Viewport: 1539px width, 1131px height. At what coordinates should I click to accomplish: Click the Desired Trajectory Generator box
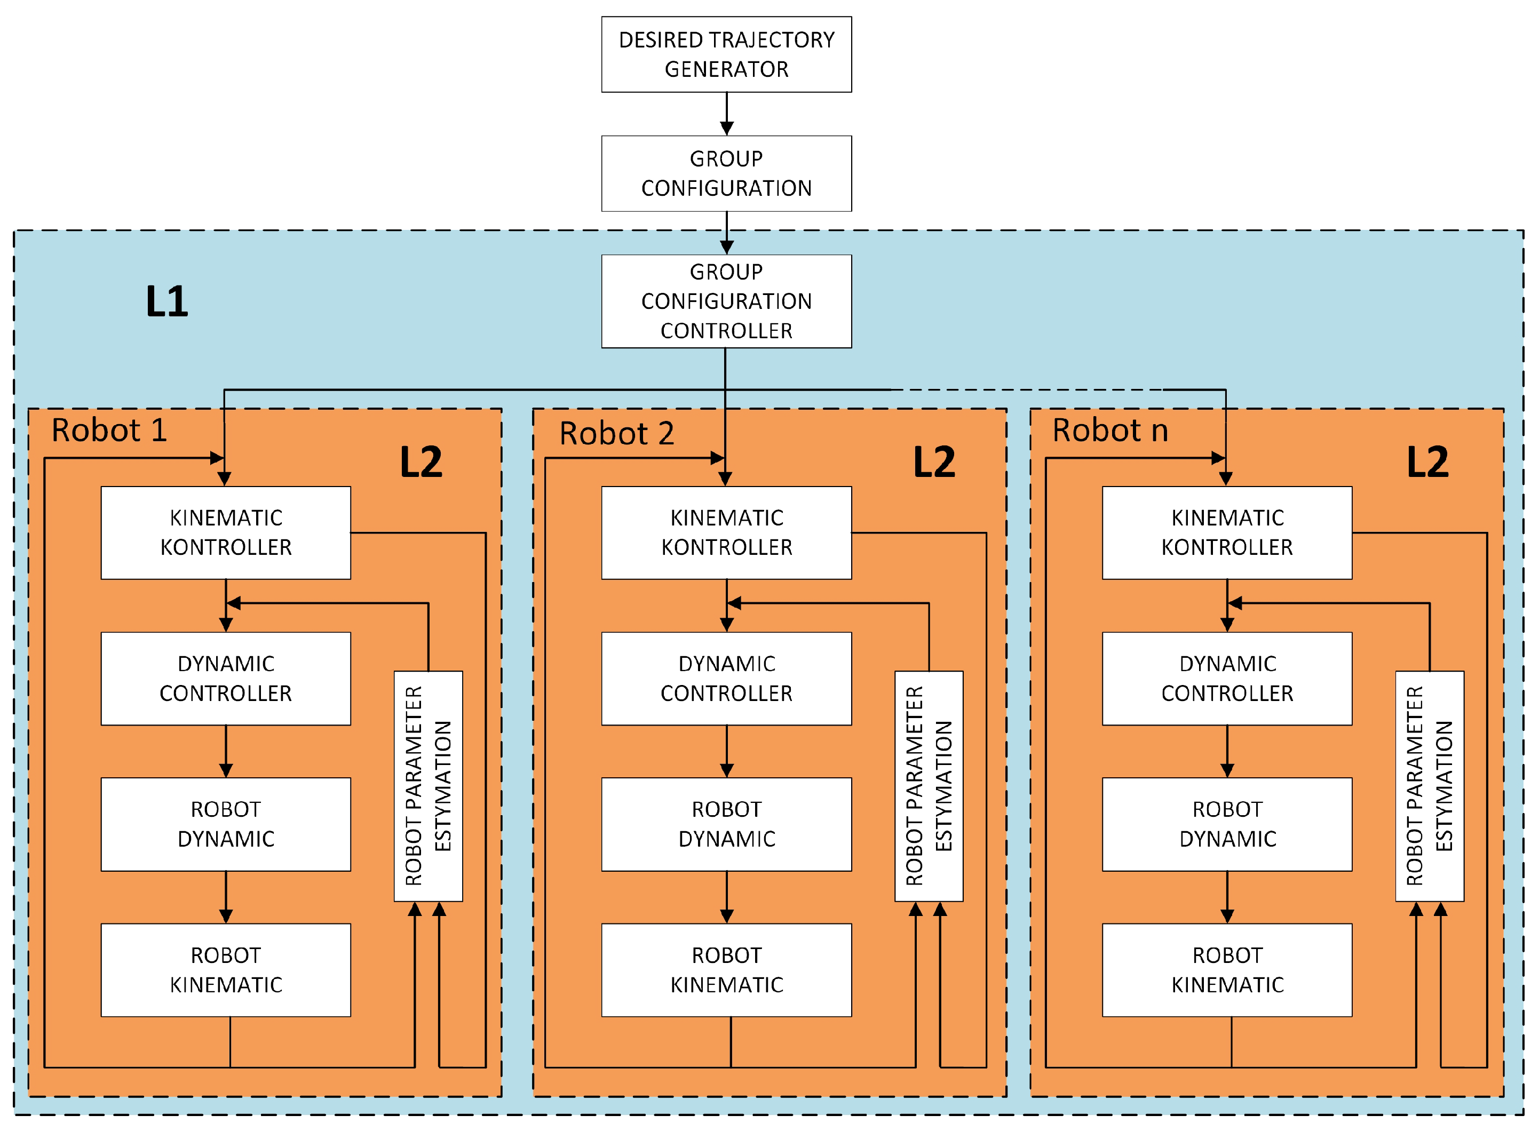(726, 54)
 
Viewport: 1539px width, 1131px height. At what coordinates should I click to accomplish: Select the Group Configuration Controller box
(726, 301)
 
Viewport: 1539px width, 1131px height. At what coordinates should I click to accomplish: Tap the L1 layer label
(166, 301)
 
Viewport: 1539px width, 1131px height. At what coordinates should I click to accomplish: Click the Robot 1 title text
(109, 430)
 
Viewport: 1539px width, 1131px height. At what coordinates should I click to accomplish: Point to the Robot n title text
(1110, 430)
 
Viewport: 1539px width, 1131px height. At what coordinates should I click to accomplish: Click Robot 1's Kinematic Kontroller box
(226, 532)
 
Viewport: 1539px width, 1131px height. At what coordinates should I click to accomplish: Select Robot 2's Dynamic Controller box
(726, 679)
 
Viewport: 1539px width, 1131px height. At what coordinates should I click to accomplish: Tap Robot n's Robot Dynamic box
(1227, 824)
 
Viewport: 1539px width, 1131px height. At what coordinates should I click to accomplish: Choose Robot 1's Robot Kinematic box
(226, 970)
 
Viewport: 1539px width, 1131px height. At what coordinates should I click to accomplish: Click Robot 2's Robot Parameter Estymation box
(929, 786)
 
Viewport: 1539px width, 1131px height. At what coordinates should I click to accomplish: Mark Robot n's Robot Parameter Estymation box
(1430, 786)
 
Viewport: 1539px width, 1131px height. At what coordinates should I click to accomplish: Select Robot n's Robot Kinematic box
(1227, 970)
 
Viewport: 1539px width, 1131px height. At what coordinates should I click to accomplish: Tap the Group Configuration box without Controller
(726, 173)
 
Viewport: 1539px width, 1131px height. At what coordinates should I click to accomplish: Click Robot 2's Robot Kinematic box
(726, 970)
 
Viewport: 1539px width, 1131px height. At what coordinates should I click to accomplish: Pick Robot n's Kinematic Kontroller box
(1227, 532)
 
